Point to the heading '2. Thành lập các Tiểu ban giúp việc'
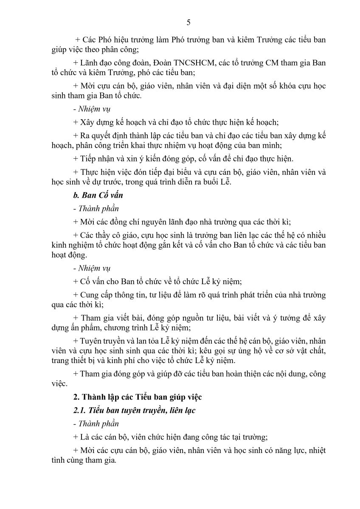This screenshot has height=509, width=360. tap(138, 397)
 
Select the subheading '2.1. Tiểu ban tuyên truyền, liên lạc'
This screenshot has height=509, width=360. tap(134, 410)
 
